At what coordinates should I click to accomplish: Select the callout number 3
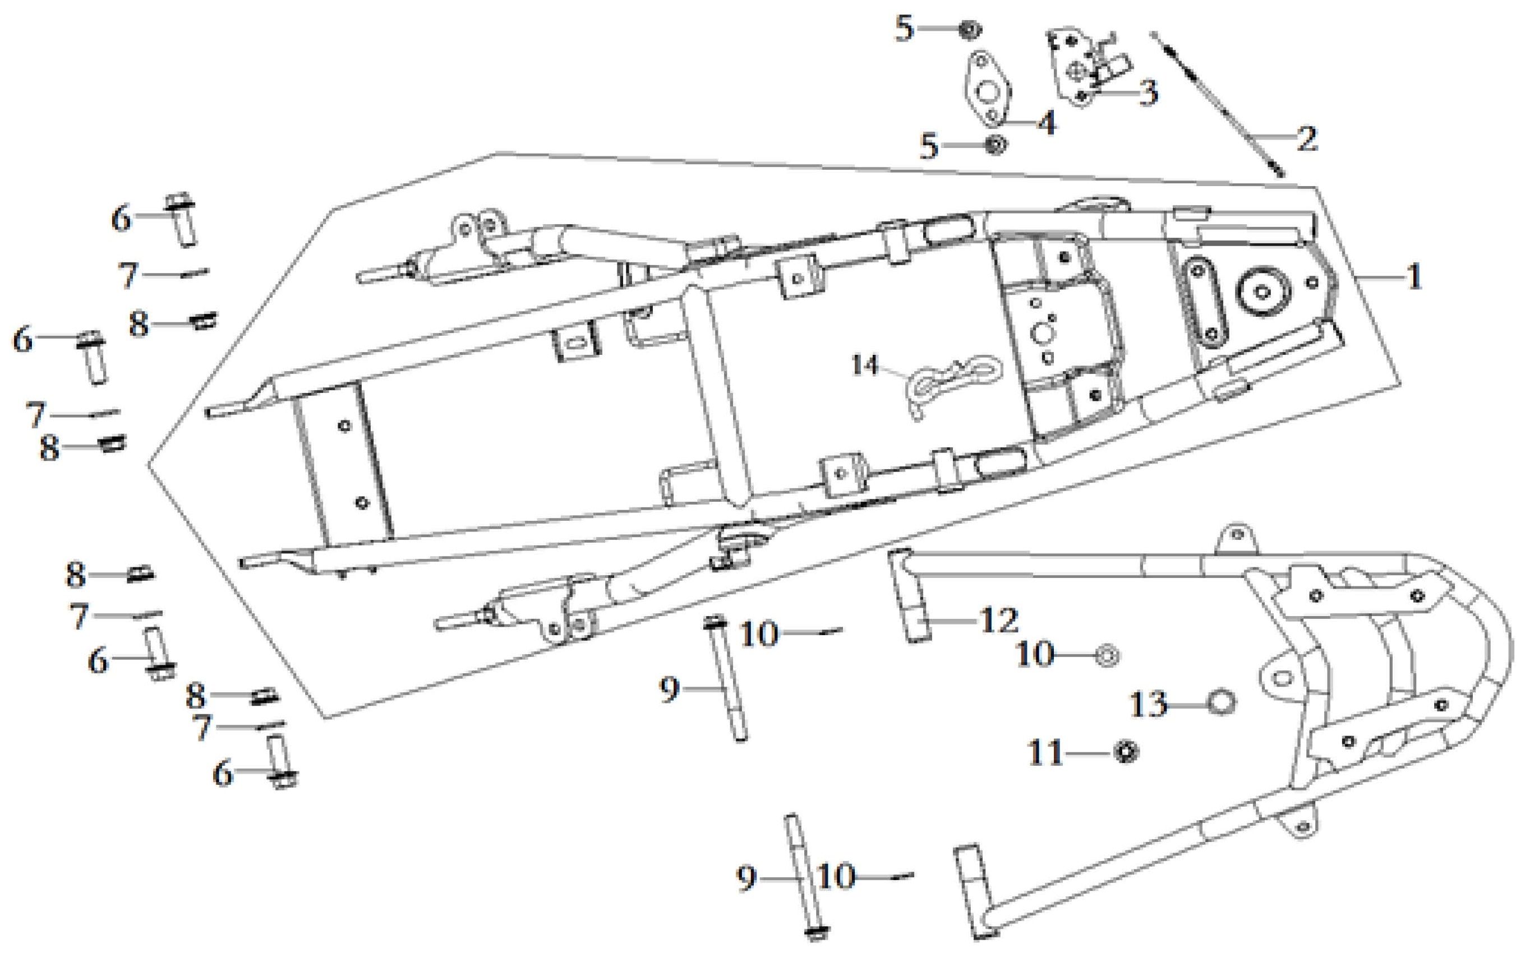[x=1148, y=92]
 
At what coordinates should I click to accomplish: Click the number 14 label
[x=865, y=366]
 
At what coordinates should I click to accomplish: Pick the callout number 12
[x=998, y=621]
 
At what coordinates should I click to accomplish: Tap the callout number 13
[x=1148, y=704]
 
